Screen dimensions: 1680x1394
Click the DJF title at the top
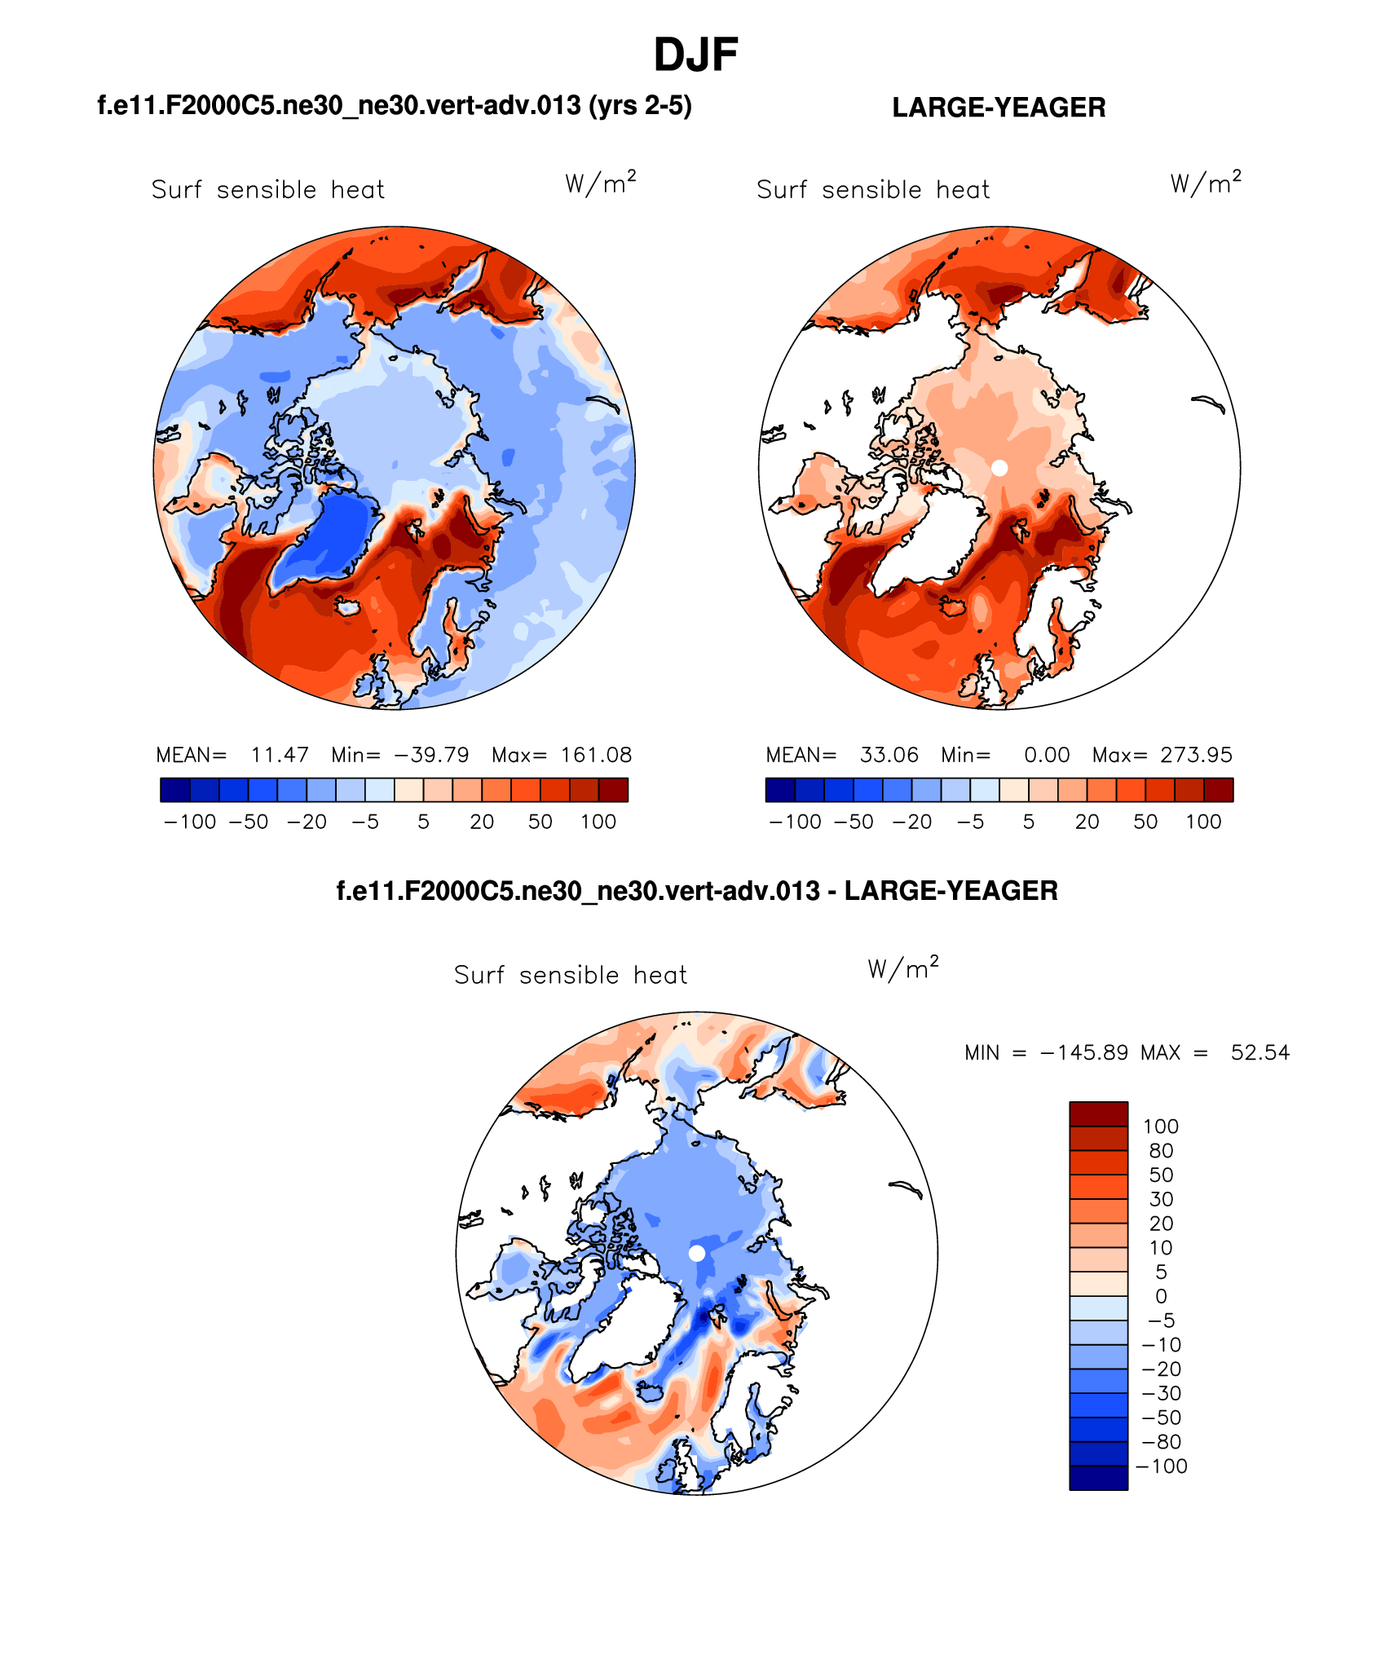(x=695, y=55)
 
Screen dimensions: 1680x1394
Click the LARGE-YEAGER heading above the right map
(x=999, y=108)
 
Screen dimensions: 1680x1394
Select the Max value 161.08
(x=596, y=755)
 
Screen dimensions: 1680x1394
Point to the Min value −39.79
(x=431, y=755)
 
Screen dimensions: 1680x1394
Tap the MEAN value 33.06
(x=889, y=755)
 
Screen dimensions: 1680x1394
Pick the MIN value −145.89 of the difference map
(x=1084, y=1052)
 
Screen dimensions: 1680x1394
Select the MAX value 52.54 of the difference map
(x=1260, y=1052)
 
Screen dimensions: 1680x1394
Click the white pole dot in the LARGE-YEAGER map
(x=999, y=468)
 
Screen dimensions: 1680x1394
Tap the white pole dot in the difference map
(x=697, y=1253)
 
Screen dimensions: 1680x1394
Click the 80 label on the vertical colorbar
(x=1161, y=1151)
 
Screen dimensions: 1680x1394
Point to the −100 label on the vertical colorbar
(x=1161, y=1466)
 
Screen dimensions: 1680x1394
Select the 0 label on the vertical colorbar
(x=1161, y=1296)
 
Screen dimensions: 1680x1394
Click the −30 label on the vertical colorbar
(x=1161, y=1393)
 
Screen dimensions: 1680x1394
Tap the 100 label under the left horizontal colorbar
(x=598, y=822)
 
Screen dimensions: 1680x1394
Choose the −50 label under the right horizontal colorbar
(x=854, y=822)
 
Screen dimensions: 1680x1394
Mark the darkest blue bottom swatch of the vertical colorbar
(x=1098, y=1478)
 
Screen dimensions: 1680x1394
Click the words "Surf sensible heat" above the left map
(x=267, y=190)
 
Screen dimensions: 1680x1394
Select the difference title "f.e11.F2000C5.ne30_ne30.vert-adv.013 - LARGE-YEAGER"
(x=697, y=891)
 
